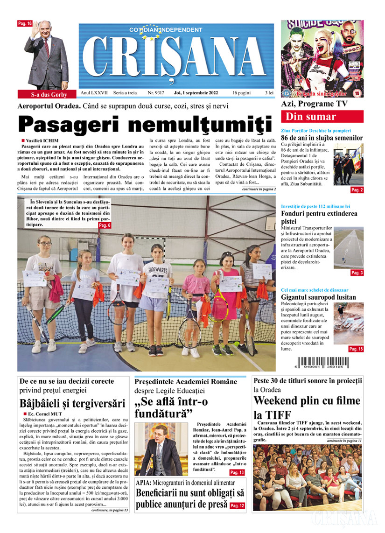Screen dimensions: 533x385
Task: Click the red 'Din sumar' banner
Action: (x=322, y=117)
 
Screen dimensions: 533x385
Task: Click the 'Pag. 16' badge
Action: (x=25, y=23)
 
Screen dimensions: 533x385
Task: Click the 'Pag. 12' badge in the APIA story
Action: (x=237, y=505)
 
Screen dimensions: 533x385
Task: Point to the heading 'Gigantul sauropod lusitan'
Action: (x=318, y=297)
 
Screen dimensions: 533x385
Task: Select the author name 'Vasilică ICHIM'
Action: (x=47, y=140)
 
